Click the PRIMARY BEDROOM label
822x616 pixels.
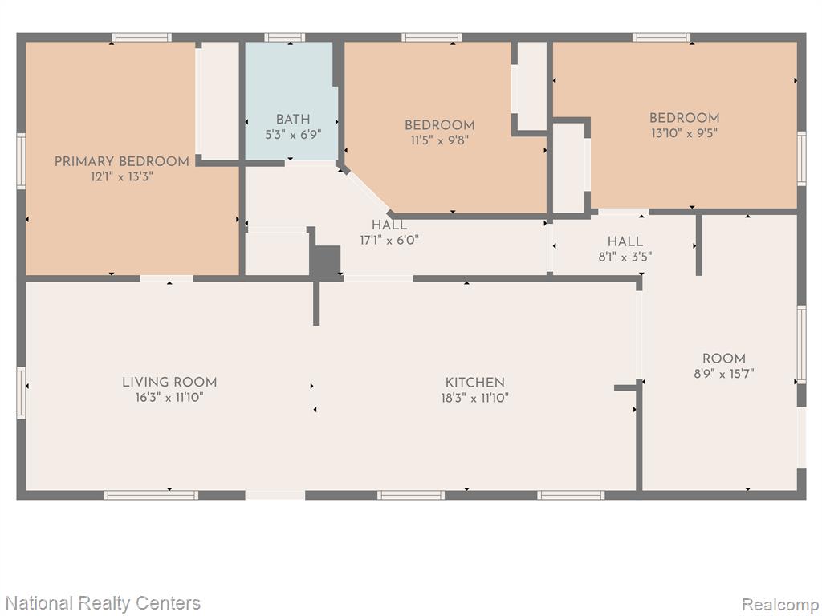[122, 162]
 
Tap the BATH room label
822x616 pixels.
[293, 120]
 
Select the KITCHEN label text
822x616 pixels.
[475, 383]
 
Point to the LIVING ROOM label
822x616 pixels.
[169, 383]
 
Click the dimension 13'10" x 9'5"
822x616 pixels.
[684, 133]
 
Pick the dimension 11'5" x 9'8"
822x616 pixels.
[439, 140]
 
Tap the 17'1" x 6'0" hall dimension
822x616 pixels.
[389, 241]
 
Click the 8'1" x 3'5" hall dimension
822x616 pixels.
[625, 257]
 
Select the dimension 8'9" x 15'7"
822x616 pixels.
[723, 374]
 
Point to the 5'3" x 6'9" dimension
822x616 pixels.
[293, 135]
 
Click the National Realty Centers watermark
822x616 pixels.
[104, 603]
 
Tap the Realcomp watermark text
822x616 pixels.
[779, 604]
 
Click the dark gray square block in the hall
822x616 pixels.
[325, 261]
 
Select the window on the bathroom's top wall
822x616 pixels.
[285, 37]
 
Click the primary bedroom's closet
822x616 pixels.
[218, 100]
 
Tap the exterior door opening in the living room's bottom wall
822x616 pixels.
[275, 495]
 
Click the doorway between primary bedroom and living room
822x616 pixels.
[167, 278]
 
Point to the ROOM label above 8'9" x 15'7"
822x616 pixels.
[723, 359]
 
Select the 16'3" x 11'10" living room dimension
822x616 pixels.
[169, 398]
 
